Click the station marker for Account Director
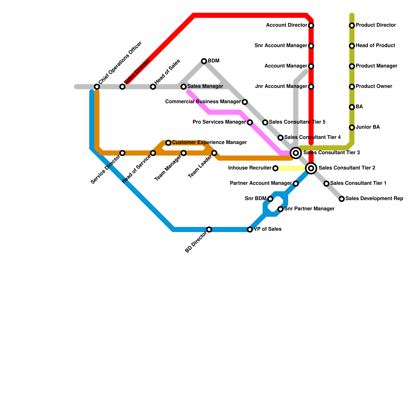coord(311,25)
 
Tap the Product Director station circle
coord(352,25)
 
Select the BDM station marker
coord(204,61)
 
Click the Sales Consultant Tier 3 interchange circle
coord(296,153)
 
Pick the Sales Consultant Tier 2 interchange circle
coord(311,168)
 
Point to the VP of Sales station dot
coord(250,229)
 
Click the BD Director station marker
coord(209,229)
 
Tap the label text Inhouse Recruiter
coord(250,168)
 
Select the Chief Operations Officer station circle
coord(97,87)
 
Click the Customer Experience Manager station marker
coord(168,143)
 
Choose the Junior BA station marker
coord(352,127)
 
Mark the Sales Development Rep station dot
coord(342,199)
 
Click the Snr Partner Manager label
coord(309,209)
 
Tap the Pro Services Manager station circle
coord(250,122)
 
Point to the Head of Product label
coord(375,46)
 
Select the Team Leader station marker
coord(214,153)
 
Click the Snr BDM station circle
coord(270,199)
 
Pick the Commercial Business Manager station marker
coord(245,102)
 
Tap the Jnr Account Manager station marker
coord(311,87)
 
